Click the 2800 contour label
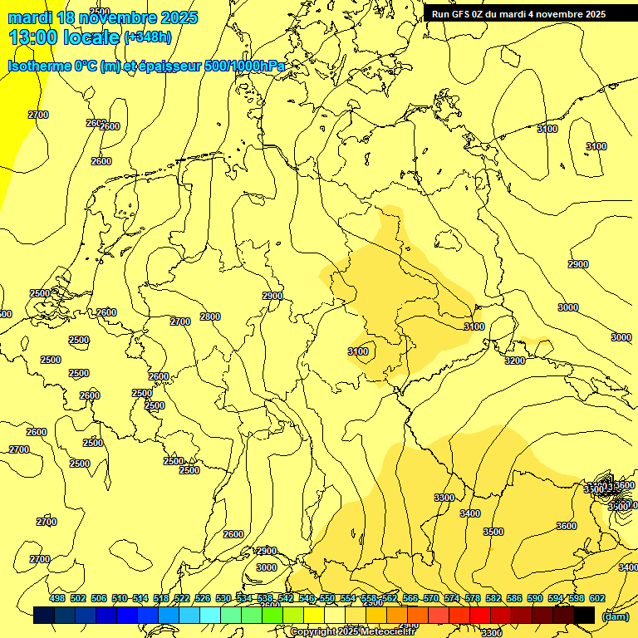(x=210, y=317)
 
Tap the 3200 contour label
(x=515, y=361)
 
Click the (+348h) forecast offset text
(x=148, y=37)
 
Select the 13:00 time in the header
(x=32, y=37)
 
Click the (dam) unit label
(x=615, y=616)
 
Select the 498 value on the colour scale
(x=57, y=598)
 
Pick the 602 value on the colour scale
(x=597, y=598)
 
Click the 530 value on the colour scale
(x=223, y=598)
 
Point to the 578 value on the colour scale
(x=473, y=598)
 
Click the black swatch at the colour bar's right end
(x=584, y=615)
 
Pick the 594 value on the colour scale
(x=556, y=598)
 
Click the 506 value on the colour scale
(x=99, y=598)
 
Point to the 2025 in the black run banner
(x=593, y=14)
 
